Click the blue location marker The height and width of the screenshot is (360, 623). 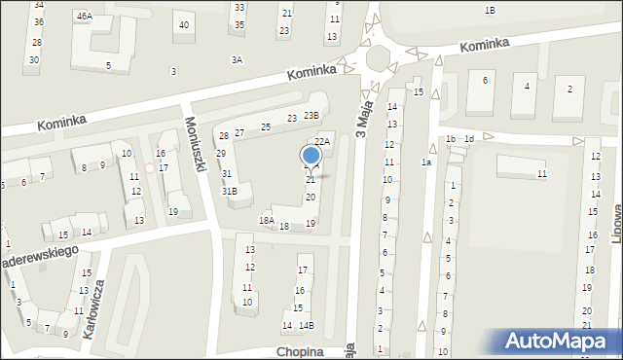point(311,156)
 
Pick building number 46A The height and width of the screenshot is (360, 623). point(85,16)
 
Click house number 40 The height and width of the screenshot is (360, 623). point(184,24)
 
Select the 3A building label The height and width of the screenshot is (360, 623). point(237,60)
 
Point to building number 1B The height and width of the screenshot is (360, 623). point(490,10)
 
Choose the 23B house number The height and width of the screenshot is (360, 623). point(311,116)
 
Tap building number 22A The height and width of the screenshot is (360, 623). point(322,142)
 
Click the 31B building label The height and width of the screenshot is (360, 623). point(229,192)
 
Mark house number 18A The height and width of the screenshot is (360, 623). point(266,221)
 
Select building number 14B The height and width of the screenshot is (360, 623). point(306,325)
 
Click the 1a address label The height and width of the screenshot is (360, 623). point(425,162)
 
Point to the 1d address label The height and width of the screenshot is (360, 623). point(468,139)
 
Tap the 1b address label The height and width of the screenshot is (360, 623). point(450,139)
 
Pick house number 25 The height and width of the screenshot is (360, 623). point(265,127)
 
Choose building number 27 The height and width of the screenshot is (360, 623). point(238,132)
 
